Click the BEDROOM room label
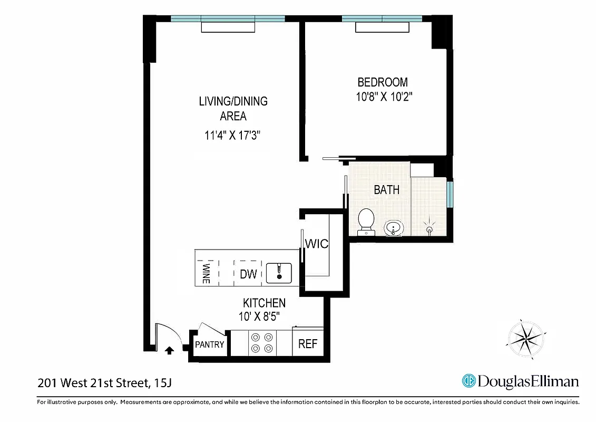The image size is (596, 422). [x=382, y=82]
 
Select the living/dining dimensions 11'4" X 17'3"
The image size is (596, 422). [x=233, y=136]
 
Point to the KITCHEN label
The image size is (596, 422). [x=264, y=303]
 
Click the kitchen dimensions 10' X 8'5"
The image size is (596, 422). [x=258, y=316]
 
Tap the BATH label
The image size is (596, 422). [x=386, y=190]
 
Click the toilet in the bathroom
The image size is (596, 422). [x=366, y=221]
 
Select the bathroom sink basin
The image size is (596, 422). [x=393, y=229]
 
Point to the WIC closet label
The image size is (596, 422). [x=317, y=244]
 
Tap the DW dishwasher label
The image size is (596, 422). [x=248, y=274]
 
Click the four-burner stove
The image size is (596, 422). [x=262, y=342]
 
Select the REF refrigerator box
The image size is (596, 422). [x=308, y=344]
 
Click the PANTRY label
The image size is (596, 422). [x=210, y=344]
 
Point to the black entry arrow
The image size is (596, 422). [x=169, y=350]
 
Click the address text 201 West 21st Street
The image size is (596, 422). [x=92, y=382]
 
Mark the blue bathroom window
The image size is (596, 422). [x=450, y=194]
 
